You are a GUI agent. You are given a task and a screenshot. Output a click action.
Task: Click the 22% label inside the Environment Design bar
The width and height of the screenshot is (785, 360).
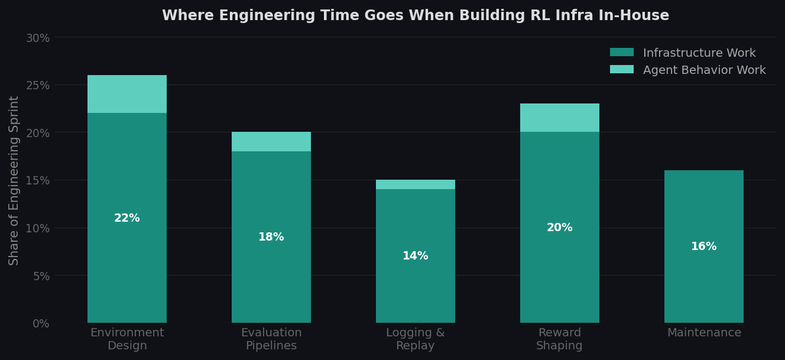(x=127, y=218)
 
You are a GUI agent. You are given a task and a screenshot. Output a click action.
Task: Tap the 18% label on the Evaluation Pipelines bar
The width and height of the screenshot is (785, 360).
(x=271, y=237)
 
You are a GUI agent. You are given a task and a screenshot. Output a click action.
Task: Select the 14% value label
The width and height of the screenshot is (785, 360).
(x=416, y=256)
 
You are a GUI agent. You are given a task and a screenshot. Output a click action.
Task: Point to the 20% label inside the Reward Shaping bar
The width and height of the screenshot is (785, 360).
(x=559, y=228)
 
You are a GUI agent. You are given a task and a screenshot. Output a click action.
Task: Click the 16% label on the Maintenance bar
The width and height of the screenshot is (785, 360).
(x=703, y=247)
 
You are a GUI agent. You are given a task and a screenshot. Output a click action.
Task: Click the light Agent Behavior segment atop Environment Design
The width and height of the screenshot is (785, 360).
(x=127, y=94)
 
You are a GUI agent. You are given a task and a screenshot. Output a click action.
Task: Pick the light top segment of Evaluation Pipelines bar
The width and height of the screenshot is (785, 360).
(x=271, y=142)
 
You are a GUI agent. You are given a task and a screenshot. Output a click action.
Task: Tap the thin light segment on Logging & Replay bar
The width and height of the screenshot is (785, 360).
(x=416, y=184)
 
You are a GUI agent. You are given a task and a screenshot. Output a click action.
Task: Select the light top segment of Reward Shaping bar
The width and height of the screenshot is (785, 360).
(x=559, y=118)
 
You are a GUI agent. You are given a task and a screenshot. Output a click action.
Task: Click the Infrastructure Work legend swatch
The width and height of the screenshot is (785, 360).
(x=621, y=53)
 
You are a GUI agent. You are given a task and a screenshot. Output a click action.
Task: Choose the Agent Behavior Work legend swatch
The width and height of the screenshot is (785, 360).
(x=621, y=70)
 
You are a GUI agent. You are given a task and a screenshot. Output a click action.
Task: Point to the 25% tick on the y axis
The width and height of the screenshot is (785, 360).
(x=37, y=85)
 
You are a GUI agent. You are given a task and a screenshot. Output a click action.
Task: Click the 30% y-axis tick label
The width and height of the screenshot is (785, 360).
(x=37, y=38)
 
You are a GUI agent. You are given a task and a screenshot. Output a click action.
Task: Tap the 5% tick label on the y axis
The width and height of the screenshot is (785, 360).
(x=41, y=276)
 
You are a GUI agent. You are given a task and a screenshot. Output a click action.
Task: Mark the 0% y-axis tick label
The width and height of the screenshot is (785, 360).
(x=41, y=323)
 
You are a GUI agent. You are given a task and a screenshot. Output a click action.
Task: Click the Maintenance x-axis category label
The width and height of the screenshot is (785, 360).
(x=703, y=333)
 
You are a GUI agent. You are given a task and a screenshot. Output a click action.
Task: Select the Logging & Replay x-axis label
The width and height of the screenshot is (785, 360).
(x=416, y=339)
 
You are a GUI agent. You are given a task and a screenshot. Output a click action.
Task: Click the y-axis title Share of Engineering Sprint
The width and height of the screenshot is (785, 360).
(x=14, y=180)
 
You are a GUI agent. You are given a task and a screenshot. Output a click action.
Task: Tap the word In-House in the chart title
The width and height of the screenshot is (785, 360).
(x=641, y=16)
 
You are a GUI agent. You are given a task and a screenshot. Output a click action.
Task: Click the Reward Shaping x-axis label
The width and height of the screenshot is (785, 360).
(x=559, y=339)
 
